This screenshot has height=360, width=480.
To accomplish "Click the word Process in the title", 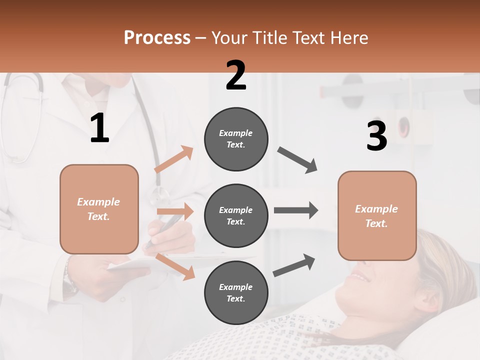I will (157, 38).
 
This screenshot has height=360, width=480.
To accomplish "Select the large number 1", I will (99, 128).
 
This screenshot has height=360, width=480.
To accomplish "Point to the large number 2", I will (236, 75).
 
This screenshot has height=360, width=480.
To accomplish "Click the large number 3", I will (376, 136).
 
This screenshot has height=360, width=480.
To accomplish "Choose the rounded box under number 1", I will (99, 209).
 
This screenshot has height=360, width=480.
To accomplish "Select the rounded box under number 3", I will (377, 216).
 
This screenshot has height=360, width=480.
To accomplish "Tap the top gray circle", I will (236, 139).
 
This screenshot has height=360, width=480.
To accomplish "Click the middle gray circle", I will (236, 216).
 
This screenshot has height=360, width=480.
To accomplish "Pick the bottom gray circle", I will (236, 293).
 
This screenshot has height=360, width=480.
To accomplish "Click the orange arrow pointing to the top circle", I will (174, 159).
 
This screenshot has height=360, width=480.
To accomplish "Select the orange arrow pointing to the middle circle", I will (175, 211).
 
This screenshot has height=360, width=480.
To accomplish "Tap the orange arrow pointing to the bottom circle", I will (175, 266).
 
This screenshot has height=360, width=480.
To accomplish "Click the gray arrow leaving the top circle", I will (297, 160).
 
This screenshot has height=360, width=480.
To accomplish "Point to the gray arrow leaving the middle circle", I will (296, 210).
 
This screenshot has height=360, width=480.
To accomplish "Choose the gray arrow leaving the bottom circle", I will (294, 265).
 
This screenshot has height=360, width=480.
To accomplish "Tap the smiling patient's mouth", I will (359, 276).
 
